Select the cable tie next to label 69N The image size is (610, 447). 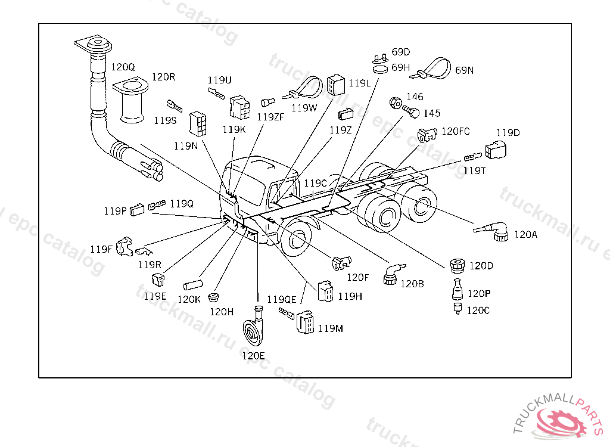coord(432,69)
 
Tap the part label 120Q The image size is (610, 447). coord(123,67)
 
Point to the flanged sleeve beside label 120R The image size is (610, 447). coord(131,101)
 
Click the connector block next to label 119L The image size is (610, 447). coord(336,85)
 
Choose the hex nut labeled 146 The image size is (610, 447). coord(396,103)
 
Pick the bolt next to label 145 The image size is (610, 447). coord(411,111)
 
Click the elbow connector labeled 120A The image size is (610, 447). coord(493,231)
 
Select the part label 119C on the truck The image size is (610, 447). coord(316,183)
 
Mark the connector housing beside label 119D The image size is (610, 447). coord(496,150)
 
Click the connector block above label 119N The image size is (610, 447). coord(198,124)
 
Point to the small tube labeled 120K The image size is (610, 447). coord(192,285)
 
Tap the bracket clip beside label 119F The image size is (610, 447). coord(125,246)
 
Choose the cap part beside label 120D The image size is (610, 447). coord(457,266)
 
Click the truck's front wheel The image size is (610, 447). coord(295,238)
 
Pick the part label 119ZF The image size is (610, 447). coord(270,116)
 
